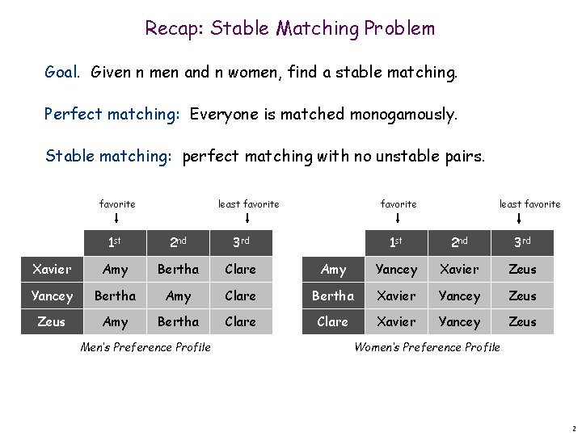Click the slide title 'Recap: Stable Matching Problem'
click(289, 28)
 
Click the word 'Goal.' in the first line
click(62, 73)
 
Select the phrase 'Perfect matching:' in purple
click(112, 114)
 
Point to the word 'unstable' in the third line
click(415, 155)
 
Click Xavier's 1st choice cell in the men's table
click(116, 270)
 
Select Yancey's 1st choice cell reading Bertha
click(116, 296)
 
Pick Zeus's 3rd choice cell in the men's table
click(240, 321)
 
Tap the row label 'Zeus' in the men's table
click(52, 321)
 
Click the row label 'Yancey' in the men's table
click(52, 296)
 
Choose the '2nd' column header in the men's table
click(178, 241)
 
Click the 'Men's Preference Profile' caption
click(145, 347)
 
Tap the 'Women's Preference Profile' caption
click(427, 347)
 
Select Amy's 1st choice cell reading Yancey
click(396, 270)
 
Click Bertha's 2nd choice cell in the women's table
click(459, 296)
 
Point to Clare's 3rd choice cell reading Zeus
click(522, 321)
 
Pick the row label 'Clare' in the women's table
click(332, 321)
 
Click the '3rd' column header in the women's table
click(522, 241)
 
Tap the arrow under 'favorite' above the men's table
click(117, 217)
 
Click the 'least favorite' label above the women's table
click(529, 204)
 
